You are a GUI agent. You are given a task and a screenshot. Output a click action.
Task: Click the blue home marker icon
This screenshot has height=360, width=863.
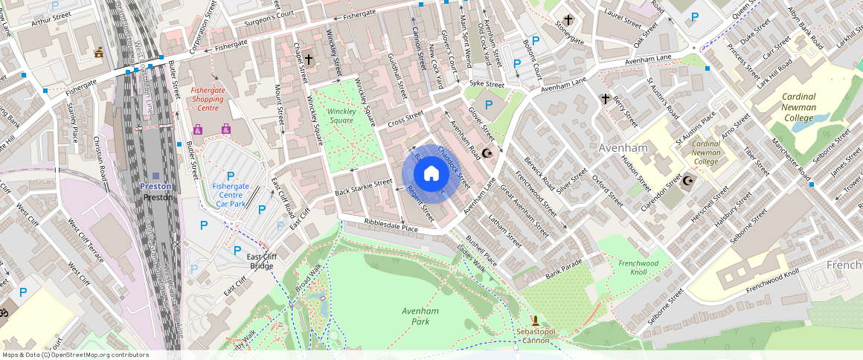(431, 174)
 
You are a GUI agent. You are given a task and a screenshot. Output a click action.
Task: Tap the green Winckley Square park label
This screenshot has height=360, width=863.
(341, 116)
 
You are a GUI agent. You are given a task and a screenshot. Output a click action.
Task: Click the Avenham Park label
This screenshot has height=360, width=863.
(420, 315)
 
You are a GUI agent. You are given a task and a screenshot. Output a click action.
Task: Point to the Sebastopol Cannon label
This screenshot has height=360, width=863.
(534, 335)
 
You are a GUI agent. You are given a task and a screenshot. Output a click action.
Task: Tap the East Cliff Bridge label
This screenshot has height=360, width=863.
(262, 261)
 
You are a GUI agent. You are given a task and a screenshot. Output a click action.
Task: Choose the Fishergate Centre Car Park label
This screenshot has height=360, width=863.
(231, 194)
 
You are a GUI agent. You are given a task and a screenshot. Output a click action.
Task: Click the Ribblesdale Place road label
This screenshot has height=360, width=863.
(391, 225)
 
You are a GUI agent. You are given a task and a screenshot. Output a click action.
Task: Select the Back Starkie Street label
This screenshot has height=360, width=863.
(363, 187)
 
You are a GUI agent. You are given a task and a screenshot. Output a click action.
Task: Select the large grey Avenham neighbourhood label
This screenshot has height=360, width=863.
(623, 148)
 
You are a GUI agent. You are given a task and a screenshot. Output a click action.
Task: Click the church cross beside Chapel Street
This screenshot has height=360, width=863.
(309, 58)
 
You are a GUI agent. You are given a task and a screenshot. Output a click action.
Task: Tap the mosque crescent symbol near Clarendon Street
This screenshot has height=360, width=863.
(688, 180)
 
